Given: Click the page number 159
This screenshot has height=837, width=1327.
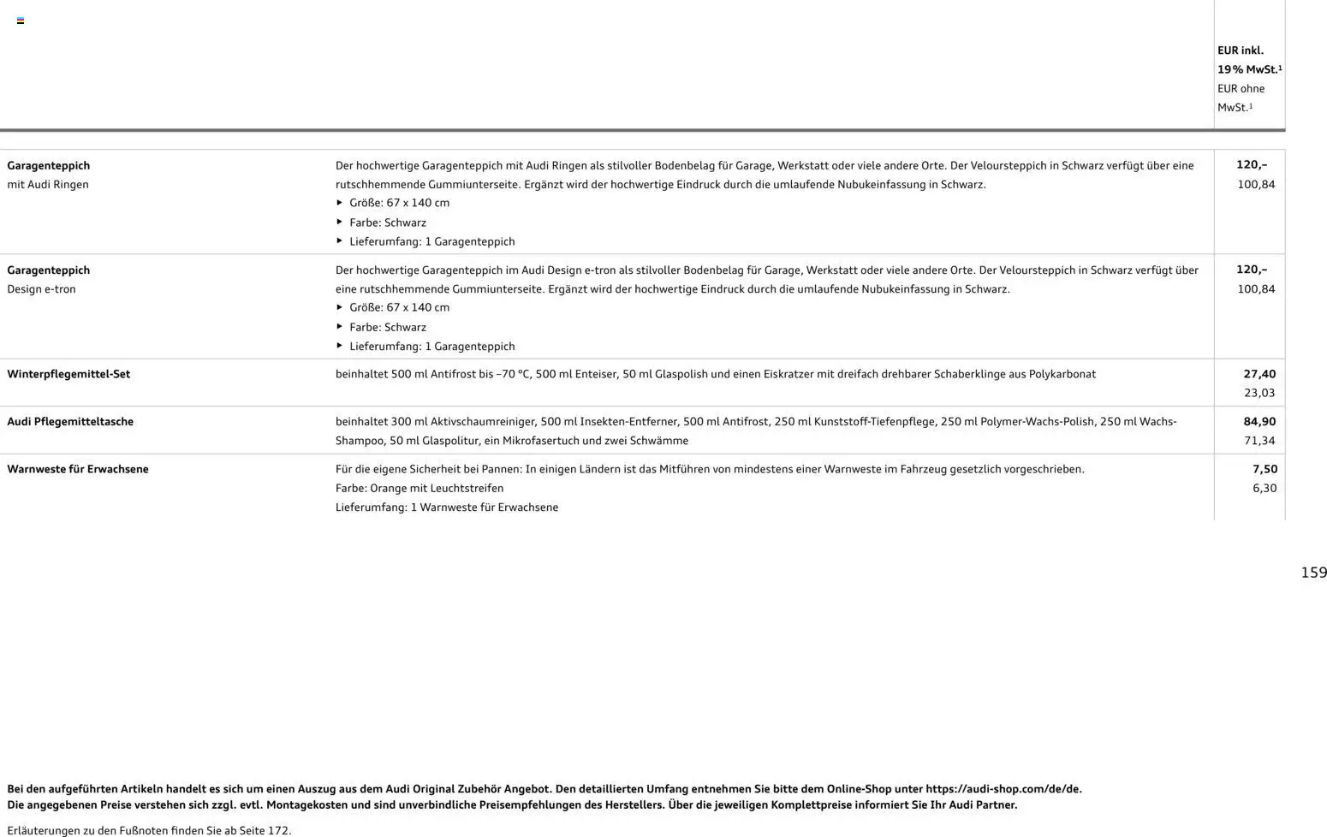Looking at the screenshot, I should coord(1313,573).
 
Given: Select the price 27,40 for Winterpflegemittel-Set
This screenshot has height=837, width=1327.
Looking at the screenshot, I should coord(1259,374).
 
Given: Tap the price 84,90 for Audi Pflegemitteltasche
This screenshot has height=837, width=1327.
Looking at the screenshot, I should coord(1259,421).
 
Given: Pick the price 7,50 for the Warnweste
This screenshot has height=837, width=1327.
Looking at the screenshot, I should coord(1265,469).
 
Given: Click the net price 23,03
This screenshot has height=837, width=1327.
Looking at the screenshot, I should coord(1259,393).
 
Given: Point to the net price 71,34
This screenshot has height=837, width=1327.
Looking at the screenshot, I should coord(1259,441).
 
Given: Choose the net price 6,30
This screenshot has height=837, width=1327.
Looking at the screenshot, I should coord(1265,488).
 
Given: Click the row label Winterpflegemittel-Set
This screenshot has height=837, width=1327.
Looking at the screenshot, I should coord(68,374).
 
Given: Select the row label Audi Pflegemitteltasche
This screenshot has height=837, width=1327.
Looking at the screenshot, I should coord(70,421).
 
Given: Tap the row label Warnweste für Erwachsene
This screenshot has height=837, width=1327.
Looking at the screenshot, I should coord(78,469).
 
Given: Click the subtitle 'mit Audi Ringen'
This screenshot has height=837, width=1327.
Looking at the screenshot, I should coord(48,184).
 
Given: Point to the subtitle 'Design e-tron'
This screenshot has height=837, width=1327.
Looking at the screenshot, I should coord(41,289).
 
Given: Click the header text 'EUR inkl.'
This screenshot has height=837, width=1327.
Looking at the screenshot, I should coord(1240,50).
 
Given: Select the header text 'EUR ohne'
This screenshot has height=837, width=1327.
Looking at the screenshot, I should coord(1241,88).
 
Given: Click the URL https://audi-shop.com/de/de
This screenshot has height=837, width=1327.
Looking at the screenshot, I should coord(1003,789).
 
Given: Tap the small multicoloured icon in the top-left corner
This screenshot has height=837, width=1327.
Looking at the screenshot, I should coord(21,21).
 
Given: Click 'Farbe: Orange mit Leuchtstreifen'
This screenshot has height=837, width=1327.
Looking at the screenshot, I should coord(420,488).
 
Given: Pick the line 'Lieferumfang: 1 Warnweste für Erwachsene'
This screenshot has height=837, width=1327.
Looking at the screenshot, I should coord(447,508).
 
